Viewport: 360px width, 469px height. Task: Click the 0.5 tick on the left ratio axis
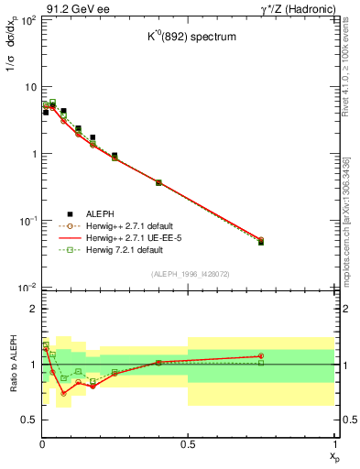click(x=27, y=420)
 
